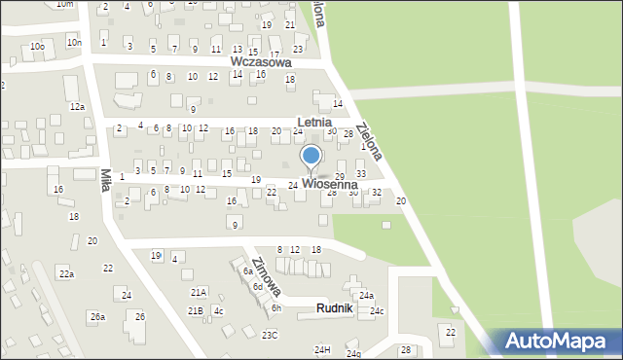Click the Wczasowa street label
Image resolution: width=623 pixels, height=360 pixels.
(x=261, y=61)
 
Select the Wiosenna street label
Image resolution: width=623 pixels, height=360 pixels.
(x=335, y=183)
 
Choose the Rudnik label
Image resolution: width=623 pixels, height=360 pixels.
(x=340, y=308)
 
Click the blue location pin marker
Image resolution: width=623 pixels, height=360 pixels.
(x=311, y=157)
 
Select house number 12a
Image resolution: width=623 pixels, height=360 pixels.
(x=77, y=107)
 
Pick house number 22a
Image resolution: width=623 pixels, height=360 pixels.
(x=65, y=274)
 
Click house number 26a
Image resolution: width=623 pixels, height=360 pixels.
(x=97, y=317)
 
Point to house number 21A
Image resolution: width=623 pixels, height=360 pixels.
(x=199, y=292)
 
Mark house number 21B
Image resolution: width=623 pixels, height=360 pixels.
(x=196, y=310)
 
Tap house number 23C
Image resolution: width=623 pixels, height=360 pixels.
(x=270, y=336)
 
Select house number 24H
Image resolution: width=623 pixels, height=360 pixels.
(x=322, y=349)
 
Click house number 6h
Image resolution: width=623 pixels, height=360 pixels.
(x=276, y=308)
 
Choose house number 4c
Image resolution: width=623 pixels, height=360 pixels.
(x=218, y=311)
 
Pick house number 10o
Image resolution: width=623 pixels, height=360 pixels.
(x=37, y=47)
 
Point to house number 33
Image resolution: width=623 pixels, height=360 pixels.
(x=361, y=174)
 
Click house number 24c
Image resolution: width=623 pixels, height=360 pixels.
(x=377, y=311)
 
